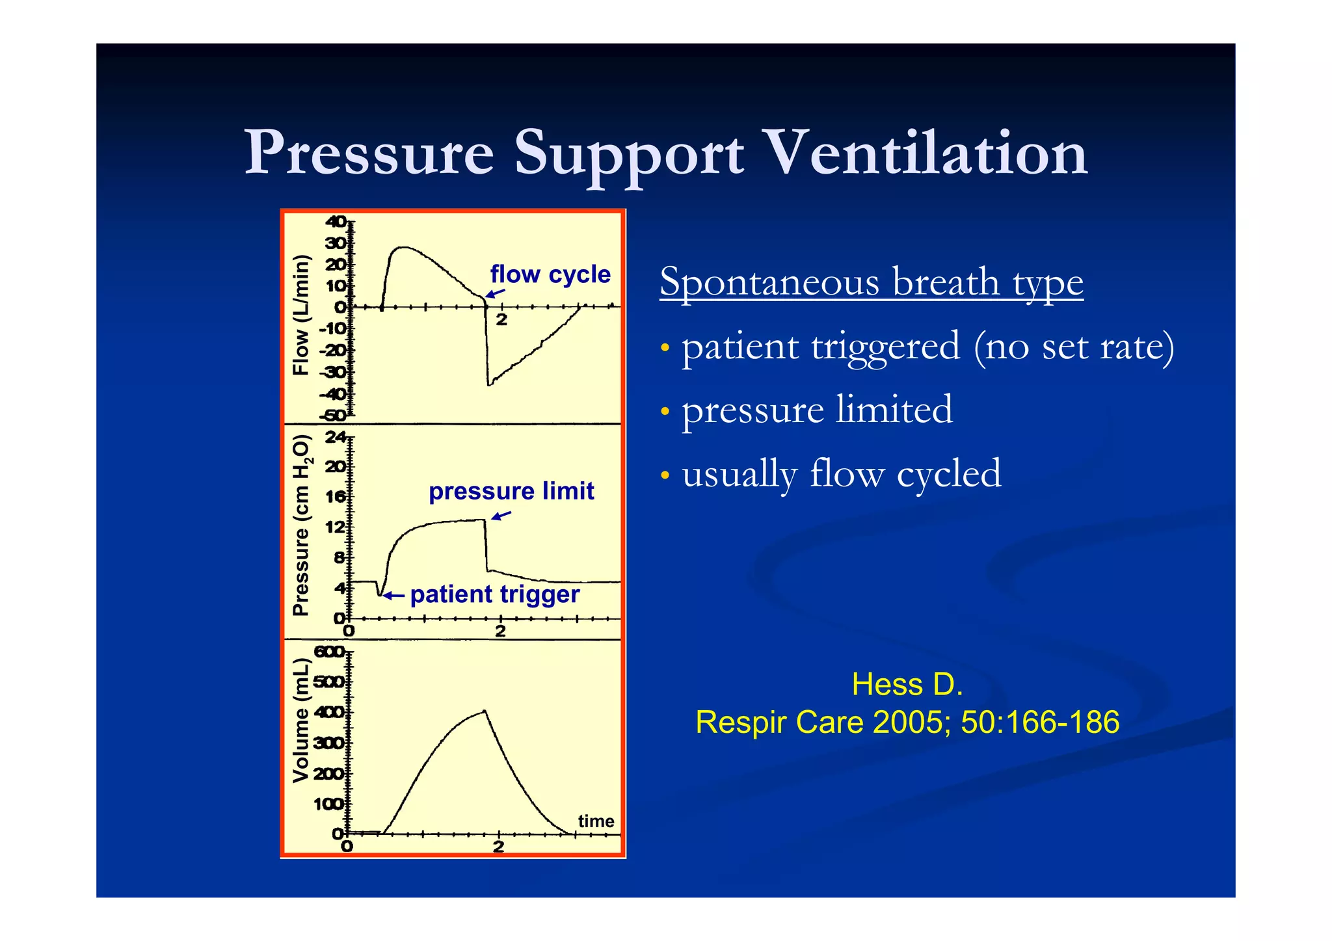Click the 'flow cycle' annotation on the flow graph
pos(550,274)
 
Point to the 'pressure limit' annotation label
pos(511,491)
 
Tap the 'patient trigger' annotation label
pos(494,594)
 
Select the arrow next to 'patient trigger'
pos(394,595)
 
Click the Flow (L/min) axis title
pos(300,315)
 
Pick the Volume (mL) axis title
pos(300,720)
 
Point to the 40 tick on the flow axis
pos(336,222)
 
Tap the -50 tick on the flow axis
pos(332,416)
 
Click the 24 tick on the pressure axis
pos(336,437)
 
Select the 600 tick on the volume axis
pos(329,652)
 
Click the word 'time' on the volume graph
pos(596,821)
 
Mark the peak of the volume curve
pos(485,711)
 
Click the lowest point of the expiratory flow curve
pos(489,385)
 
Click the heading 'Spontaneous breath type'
pos(872,282)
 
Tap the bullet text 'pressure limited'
pos(817,410)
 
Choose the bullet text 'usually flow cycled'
pos(841,473)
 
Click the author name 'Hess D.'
pos(907,685)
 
